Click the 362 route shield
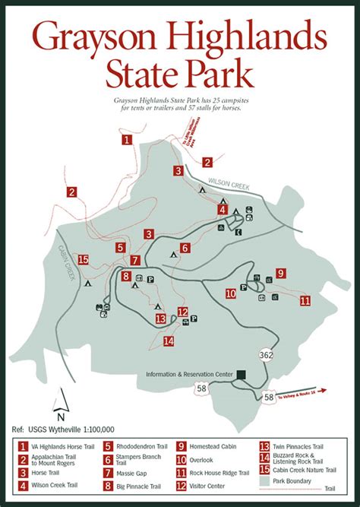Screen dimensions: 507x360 click(x=266, y=354)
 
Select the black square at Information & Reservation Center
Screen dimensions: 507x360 click(x=241, y=374)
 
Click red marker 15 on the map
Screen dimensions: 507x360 click(x=84, y=259)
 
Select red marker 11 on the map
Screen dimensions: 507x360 click(x=305, y=301)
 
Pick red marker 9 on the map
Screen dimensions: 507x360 click(x=280, y=273)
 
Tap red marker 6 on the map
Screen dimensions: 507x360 click(x=185, y=248)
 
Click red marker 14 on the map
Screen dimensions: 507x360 click(x=168, y=341)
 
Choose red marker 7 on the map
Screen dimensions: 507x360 click(x=134, y=260)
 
